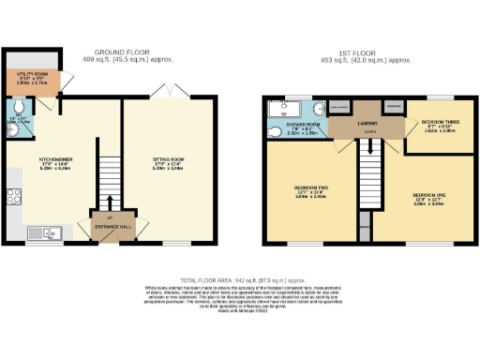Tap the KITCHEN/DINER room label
coord(57,160)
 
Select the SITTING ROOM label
coord(169,160)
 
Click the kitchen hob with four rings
coord(15,197)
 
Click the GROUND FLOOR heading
coord(119,53)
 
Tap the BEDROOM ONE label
coord(427,197)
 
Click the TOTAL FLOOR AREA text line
coord(241,279)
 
